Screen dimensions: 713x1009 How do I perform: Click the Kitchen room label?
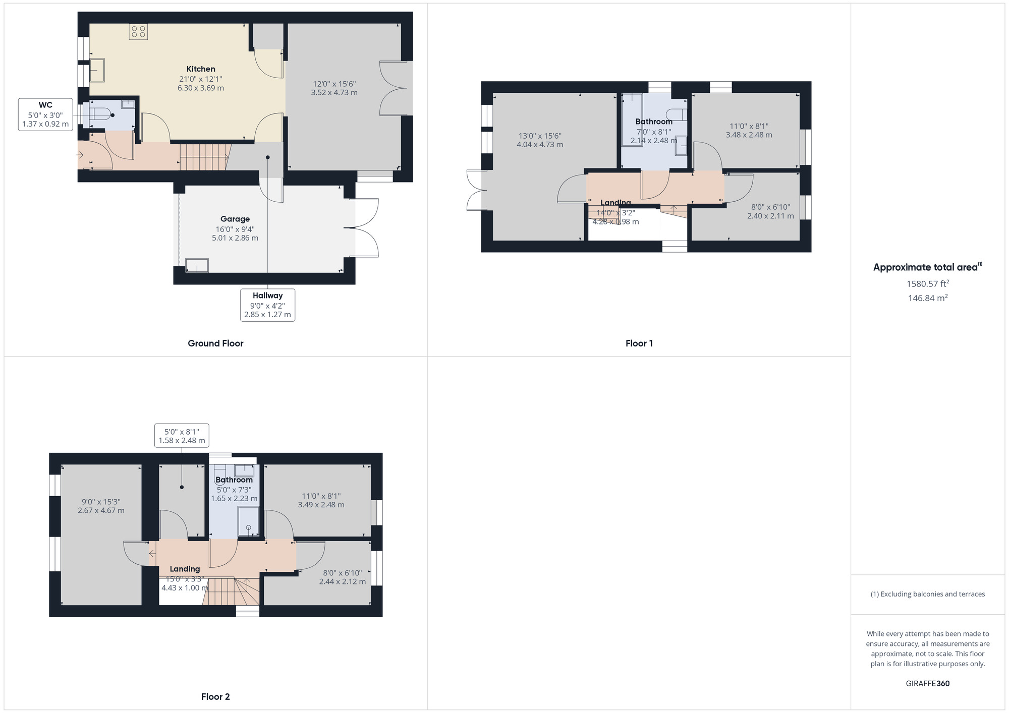tap(201, 69)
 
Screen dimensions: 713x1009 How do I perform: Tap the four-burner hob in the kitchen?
tap(138, 32)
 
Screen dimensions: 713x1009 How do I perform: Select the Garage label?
tap(235, 219)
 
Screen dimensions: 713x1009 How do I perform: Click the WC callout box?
tap(45, 114)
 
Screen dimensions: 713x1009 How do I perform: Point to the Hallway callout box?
tap(267, 305)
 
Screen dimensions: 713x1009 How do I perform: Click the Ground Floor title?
tap(215, 343)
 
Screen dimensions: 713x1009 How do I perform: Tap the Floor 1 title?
tap(639, 343)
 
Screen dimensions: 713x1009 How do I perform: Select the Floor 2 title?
tap(215, 697)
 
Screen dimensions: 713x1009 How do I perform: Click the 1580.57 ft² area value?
tap(927, 283)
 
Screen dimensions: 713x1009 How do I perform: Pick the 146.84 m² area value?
tap(927, 298)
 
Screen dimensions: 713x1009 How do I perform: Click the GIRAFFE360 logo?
tap(927, 684)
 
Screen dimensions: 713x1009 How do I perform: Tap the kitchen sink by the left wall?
tap(97, 71)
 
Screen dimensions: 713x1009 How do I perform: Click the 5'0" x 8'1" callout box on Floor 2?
tap(182, 436)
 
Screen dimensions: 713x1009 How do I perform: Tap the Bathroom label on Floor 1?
tap(654, 122)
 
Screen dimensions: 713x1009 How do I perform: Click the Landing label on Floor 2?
tap(185, 569)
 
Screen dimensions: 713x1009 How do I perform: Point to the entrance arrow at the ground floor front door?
tap(81, 154)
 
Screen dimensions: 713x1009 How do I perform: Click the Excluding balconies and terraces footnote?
tap(927, 594)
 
